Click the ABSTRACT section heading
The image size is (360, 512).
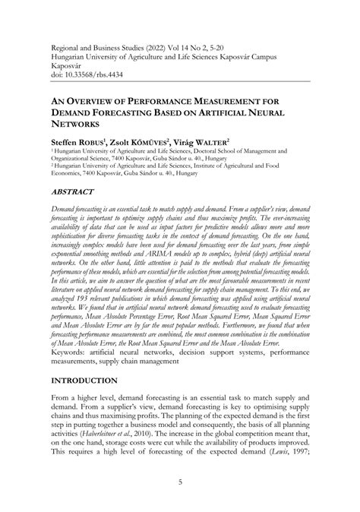pyautogui.click(x=77, y=193)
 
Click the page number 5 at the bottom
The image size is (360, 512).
pyautogui.click(x=180, y=481)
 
